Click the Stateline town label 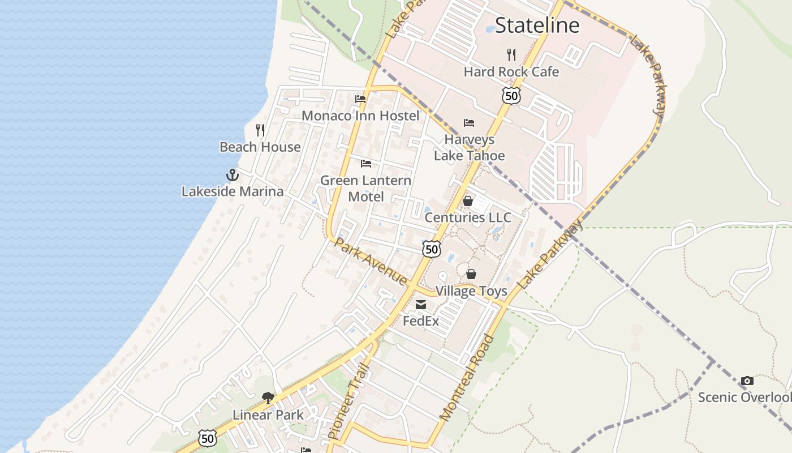pos(537,25)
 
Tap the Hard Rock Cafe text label pos(511,72)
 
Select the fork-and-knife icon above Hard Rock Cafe pos(511,54)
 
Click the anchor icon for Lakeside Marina pos(233,174)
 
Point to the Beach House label pos(260,147)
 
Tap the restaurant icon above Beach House pos(260,130)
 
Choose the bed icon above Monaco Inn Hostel pos(360,99)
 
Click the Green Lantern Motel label pos(365,189)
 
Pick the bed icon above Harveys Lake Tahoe pos(469,122)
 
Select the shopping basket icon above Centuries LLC pos(468,201)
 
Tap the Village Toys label pos(471,291)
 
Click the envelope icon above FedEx pos(421,305)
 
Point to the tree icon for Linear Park pos(268,398)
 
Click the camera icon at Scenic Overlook pos(747,381)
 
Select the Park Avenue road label pos(371,261)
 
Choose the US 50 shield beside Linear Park pos(208,438)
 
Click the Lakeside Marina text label pos(233,191)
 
